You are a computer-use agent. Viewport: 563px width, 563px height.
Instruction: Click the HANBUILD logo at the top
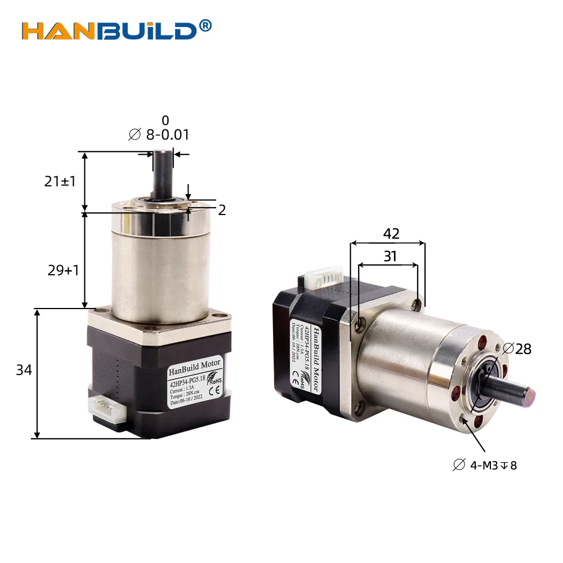110,30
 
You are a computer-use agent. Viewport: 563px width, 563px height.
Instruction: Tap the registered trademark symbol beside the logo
205,25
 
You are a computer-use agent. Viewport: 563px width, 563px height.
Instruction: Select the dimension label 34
24,370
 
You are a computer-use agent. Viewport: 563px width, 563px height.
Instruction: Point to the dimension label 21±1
60,181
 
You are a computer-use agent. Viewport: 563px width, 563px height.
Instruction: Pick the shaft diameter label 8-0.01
159,135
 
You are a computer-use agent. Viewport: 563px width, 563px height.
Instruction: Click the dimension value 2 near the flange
222,210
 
